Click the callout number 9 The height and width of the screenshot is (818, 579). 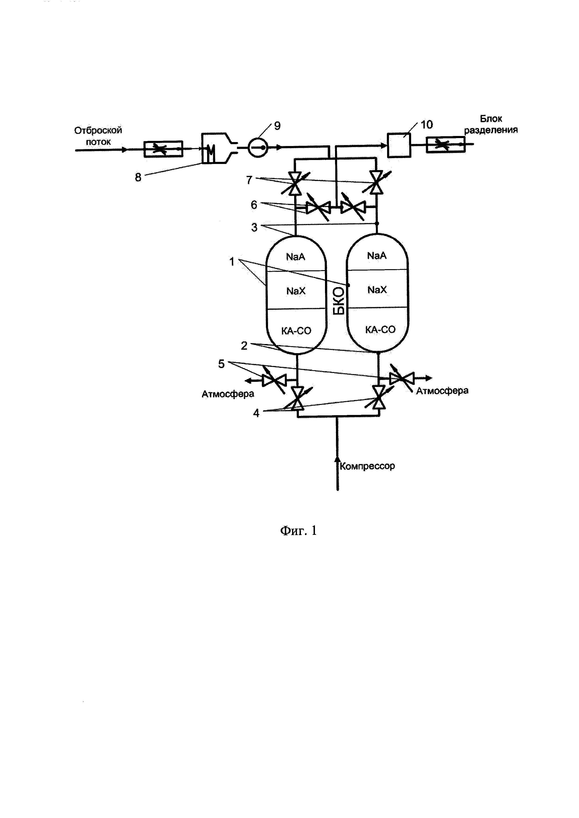[277, 126]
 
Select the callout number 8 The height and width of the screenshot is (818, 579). [138, 177]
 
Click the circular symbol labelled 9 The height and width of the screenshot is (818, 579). [258, 147]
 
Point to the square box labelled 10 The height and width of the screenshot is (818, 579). [399, 145]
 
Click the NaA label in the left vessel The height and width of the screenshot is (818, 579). [296, 257]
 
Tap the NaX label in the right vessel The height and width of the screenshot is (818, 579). [377, 290]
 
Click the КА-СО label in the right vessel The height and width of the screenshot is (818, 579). [380, 330]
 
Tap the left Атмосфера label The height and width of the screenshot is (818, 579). [228, 394]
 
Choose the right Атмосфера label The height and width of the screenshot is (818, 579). [442, 391]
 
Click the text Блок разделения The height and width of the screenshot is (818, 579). [491, 124]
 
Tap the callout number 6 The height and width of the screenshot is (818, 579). [254, 205]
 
